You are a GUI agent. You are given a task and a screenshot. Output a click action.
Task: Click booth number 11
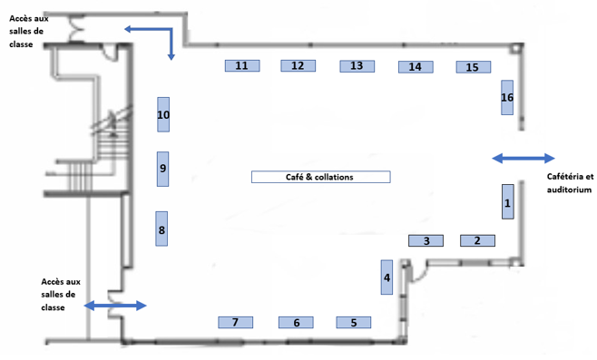[242, 66]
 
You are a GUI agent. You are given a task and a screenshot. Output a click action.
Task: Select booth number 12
[298, 66]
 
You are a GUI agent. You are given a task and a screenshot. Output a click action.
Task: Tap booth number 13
[357, 66]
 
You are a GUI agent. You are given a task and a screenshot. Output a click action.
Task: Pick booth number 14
[416, 67]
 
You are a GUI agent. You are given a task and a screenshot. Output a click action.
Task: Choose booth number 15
[474, 67]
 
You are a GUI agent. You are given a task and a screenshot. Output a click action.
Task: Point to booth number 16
[507, 97]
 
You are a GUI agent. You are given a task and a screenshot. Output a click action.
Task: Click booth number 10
[163, 114]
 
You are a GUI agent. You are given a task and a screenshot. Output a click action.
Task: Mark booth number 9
[163, 169]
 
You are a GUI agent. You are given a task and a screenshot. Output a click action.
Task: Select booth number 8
[161, 229]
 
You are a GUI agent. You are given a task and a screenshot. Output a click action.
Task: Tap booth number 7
[235, 322]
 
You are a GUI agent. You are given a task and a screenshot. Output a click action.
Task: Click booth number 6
[296, 322]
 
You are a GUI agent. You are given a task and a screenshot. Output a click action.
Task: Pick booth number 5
[353, 322]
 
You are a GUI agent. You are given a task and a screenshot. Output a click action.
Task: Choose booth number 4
[387, 277]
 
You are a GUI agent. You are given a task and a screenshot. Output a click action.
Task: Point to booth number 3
[426, 240]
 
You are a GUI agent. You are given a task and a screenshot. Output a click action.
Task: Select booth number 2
[478, 240]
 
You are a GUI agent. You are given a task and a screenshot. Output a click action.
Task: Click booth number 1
[508, 201]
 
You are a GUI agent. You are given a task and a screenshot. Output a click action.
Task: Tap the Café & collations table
[321, 177]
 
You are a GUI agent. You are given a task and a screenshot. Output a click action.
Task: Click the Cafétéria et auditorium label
[570, 183]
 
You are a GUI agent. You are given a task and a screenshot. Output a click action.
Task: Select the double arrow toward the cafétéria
[524, 159]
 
